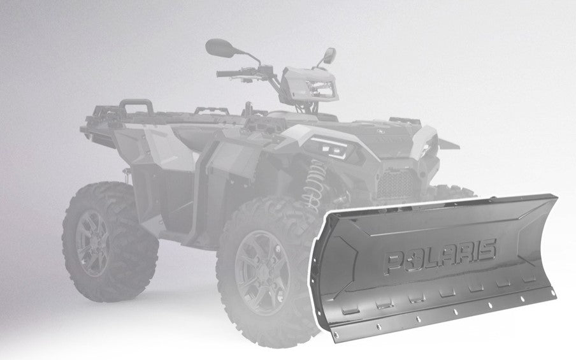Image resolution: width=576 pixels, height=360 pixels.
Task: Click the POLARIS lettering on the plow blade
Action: (441, 257)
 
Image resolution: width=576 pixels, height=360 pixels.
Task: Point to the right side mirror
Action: (329, 55)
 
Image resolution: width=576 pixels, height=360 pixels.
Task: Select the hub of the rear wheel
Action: (94, 243)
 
